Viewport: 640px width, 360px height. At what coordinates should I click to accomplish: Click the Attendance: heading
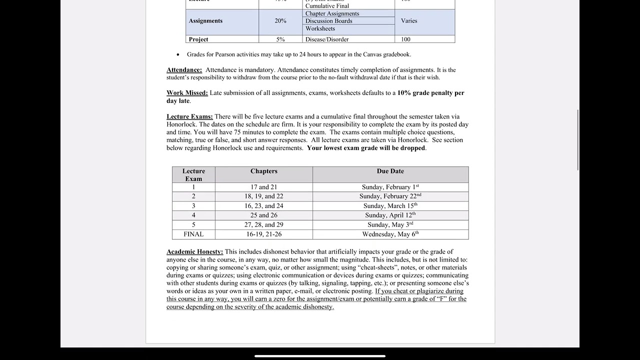pos(184,70)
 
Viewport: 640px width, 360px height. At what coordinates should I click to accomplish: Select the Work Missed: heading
pos(187,93)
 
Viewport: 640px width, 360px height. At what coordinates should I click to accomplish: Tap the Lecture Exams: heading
pos(189,116)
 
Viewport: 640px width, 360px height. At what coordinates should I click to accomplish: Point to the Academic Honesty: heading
pos(194,252)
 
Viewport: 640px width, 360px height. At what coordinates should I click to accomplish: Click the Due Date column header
pos(390,171)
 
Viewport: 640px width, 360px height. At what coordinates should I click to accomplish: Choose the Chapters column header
pos(263,171)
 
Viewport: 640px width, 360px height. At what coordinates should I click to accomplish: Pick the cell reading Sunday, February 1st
pos(390,187)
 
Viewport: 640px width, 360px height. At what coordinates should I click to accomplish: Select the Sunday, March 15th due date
pos(390,206)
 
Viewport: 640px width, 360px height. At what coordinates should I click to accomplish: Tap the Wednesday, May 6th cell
pos(390,234)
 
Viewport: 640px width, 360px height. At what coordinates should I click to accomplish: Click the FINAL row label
pos(193,234)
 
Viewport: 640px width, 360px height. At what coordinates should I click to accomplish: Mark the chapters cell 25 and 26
pos(263,215)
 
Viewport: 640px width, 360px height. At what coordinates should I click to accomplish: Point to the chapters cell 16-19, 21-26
pos(263,234)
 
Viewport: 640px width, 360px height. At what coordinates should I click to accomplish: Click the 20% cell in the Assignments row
pos(280,21)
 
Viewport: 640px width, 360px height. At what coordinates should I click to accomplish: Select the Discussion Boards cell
pos(329,21)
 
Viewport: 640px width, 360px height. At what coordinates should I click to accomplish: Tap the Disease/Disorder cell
pos(327,39)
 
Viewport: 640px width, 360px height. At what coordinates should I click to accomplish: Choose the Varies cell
pos(409,21)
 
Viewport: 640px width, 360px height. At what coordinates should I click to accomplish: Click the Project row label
pos(198,39)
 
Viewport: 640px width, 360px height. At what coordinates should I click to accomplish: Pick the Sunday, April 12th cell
pos(390,215)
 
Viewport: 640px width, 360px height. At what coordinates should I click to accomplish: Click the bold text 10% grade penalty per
pos(430,93)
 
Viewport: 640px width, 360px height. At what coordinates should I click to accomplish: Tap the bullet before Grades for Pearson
pos(178,54)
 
